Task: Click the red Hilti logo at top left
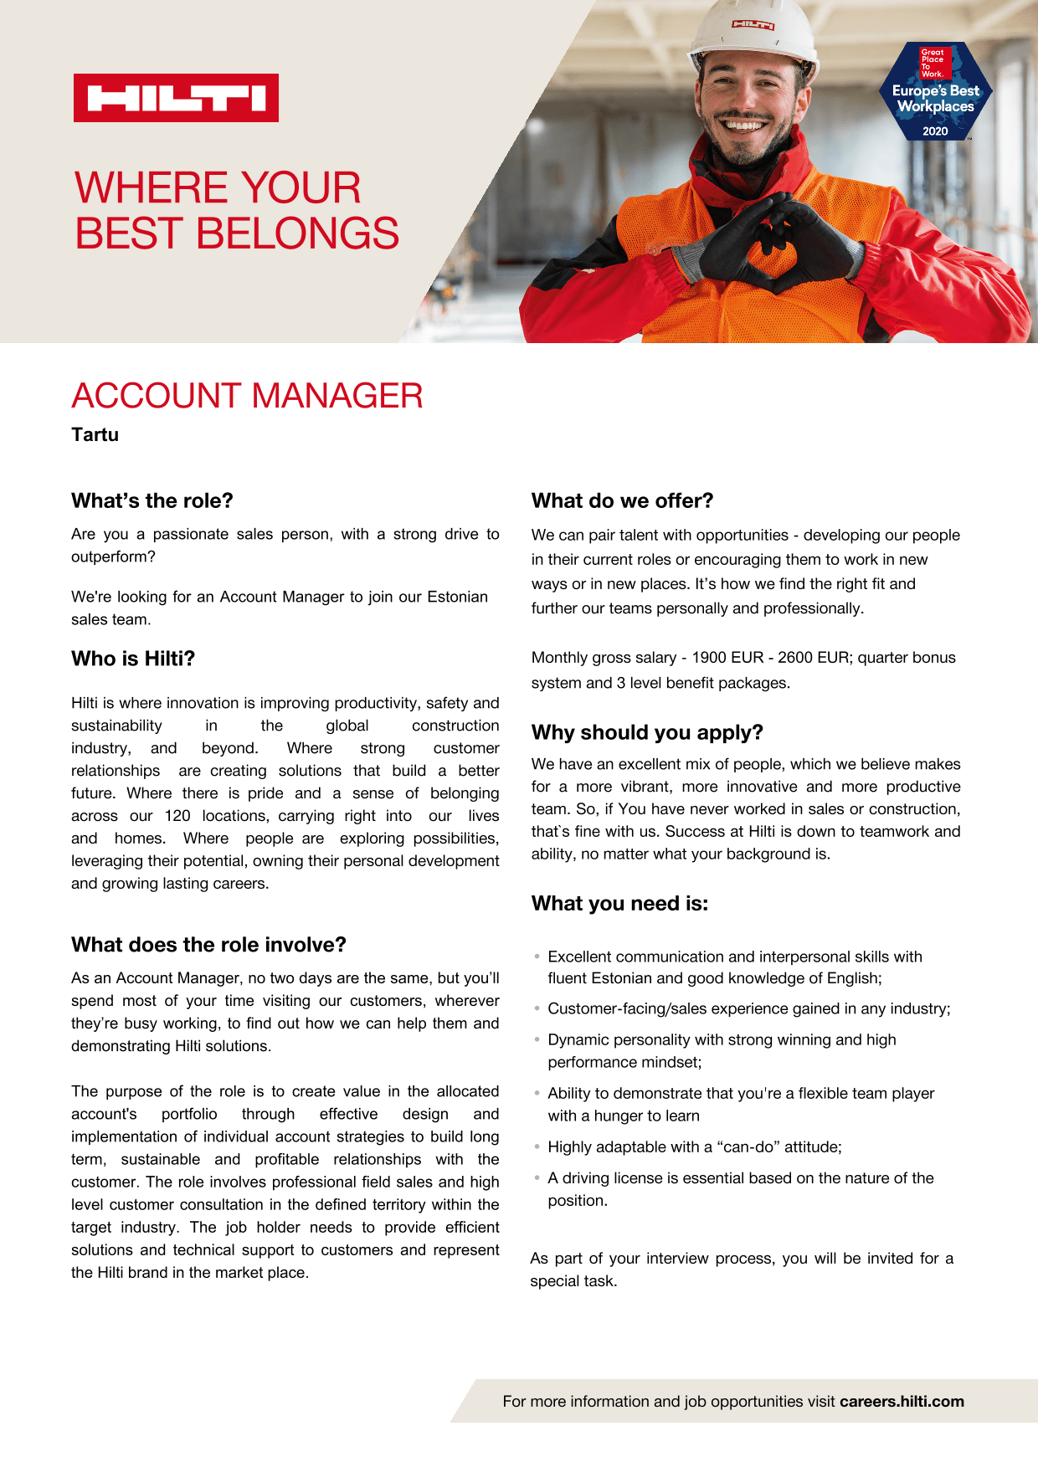(x=176, y=98)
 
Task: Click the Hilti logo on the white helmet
(x=753, y=25)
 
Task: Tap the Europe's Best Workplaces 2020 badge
(x=935, y=92)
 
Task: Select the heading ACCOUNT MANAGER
(x=247, y=396)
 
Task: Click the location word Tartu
(x=95, y=435)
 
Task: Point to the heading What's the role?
(x=152, y=500)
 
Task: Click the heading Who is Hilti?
(x=132, y=659)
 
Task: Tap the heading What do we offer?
(x=622, y=500)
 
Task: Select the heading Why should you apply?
(x=646, y=732)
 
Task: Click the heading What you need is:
(x=619, y=904)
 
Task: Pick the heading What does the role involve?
(x=208, y=945)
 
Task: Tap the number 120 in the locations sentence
(x=177, y=816)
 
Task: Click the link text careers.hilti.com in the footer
(x=902, y=1402)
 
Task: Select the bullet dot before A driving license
(x=537, y=1177)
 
